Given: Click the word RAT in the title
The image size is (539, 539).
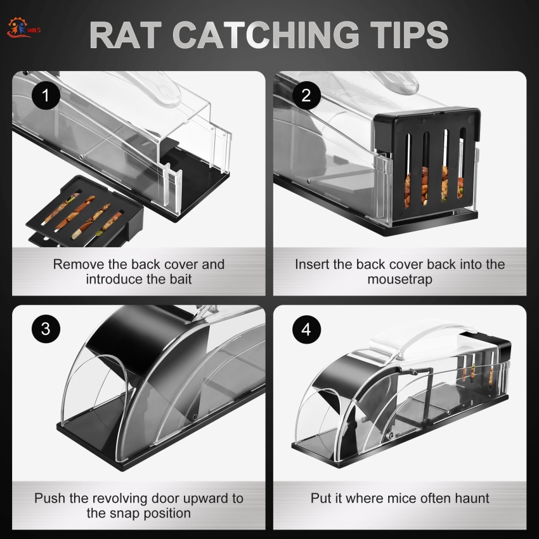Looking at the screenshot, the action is [126, 35].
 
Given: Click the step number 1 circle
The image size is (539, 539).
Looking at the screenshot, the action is [46, 95].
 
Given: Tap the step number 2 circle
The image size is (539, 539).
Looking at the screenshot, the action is [306, 95].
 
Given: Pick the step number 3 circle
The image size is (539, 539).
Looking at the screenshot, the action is [46, 328].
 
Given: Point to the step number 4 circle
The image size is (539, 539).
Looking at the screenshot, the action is [306, 329].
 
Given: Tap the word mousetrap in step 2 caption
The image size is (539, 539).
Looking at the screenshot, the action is [399, 280].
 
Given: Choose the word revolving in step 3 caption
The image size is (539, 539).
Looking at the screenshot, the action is [120, 498].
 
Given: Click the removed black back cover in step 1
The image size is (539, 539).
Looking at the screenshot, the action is [84, 211].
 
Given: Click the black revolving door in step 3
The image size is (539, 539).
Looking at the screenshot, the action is [148, 341].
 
